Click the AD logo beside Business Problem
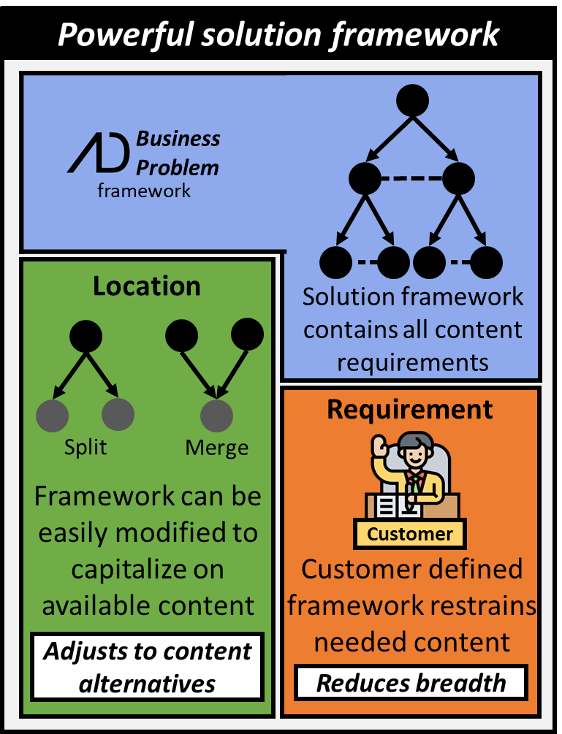click(99, 153)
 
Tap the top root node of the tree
click(412, 100)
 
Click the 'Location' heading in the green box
click(146, 286)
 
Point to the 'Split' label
click(86, 447)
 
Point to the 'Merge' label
click(217, 447)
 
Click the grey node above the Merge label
click(217, 416)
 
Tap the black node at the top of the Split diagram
click(86, 336)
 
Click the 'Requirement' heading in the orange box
click(410, 410)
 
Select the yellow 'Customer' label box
click(410, 534)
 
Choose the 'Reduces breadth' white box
click(411, 683)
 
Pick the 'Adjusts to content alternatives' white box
click(147, 667)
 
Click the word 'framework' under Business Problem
click(144, 191)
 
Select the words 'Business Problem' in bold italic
click(178, 153)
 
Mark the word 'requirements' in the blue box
click(413, 361)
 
